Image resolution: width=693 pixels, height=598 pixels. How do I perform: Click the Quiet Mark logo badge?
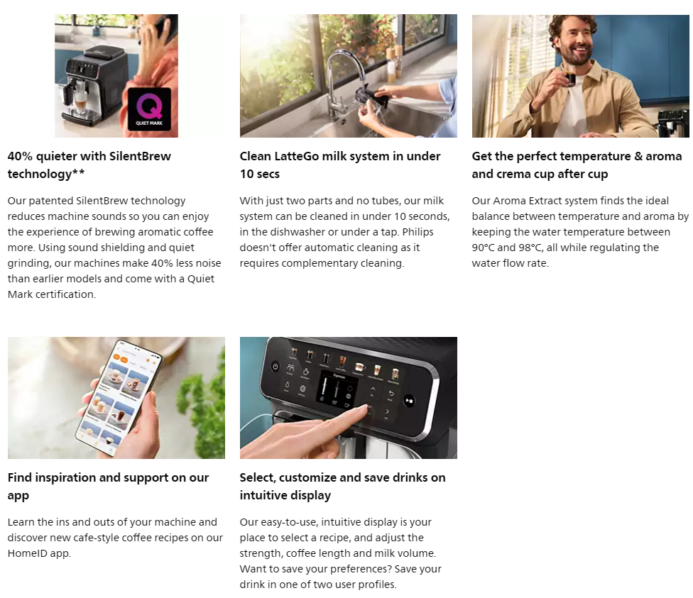pyautogui.click(x=149, y=109)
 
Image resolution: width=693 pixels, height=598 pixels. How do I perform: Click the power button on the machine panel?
pyautogui.click(x=275, y=367)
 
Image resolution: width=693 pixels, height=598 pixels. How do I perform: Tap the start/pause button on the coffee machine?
pyautogui.click(x=409, y=401)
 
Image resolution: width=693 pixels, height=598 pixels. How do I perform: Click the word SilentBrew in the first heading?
pyautogui.click(x=140, y=156)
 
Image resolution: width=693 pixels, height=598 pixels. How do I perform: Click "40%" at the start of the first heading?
pyautogui.click(x=20, y=156)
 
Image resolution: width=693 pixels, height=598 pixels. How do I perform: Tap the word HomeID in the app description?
pyautogui.click(x=27, y=553)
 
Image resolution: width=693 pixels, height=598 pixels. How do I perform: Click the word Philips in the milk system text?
pyautogui.click(x=418, y=232)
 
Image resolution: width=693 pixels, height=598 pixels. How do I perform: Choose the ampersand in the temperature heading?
pyautogui.click(x=638, y=156)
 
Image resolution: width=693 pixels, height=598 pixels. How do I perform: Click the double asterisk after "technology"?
pyautogui.click(x=78, y=172)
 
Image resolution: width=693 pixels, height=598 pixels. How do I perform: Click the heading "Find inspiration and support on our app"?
pyautogui.click(x=108, y=486)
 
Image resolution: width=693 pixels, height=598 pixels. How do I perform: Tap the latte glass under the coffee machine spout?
pyautogui.click(x=80, y=104)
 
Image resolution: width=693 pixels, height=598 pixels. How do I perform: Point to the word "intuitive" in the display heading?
pyautogui.click(x=263, y=496)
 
